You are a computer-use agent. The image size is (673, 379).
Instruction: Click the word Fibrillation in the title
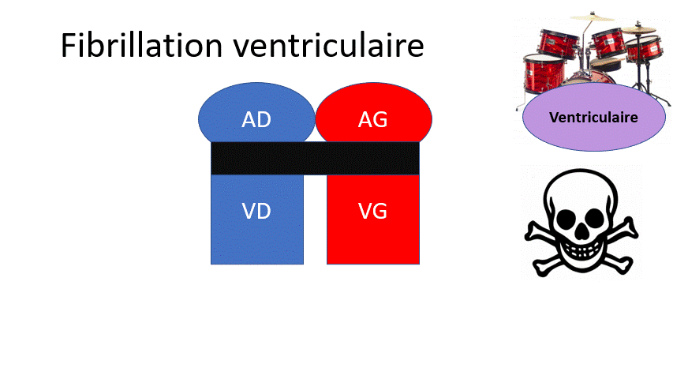[142, 45]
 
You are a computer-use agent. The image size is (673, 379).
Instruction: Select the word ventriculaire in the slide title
[329, 45]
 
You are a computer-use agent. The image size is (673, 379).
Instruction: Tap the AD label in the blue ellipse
[256, 119]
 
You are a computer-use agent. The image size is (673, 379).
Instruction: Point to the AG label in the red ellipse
[373, 119]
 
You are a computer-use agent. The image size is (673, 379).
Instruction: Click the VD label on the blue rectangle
[256, 211]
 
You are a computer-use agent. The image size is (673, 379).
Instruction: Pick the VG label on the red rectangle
[372, 211]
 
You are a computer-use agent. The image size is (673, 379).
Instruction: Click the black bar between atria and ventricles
[315, 158]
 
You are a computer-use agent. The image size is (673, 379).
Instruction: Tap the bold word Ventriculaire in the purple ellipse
[593, 118]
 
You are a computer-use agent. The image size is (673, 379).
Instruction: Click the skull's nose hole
[581, 232]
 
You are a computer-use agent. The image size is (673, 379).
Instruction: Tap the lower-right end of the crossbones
[626, 265]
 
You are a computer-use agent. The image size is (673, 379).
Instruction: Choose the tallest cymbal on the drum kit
[592, 17]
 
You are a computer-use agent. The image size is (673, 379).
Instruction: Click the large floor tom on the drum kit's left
[544, 73]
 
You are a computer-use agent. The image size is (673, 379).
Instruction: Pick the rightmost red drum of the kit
[644, 49]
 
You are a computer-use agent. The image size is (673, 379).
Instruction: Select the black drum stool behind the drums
[605, 65]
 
